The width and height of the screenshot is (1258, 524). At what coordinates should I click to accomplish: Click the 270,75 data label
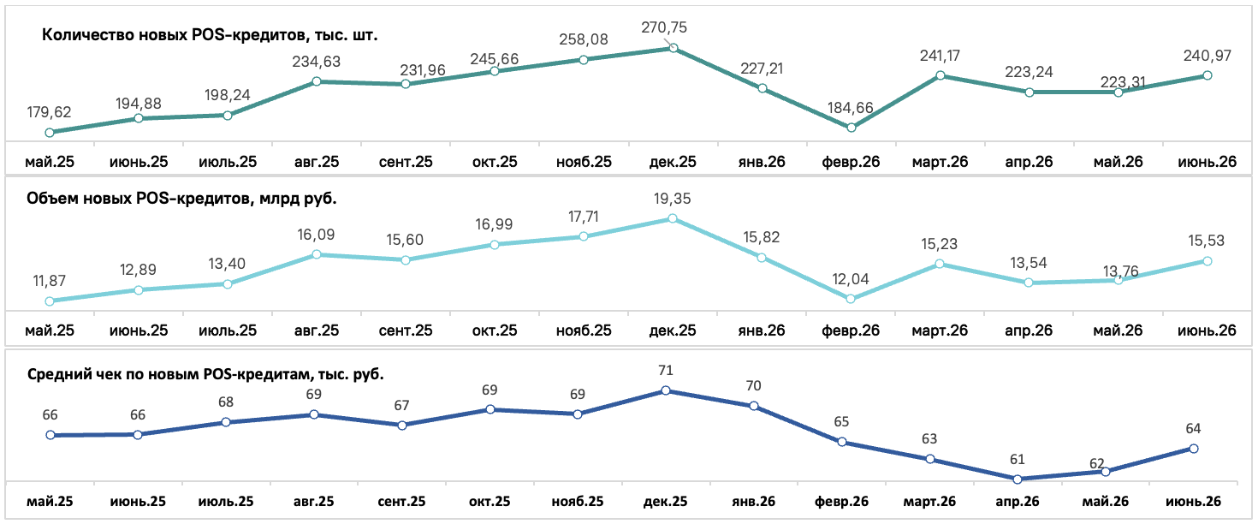pyautogui.click(x=664, y=27)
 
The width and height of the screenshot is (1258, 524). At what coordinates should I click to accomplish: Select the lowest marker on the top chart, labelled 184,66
pyautogui.click(x=851, y=128)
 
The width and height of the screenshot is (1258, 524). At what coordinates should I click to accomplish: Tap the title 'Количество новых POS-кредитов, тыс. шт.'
pyautogui.click(x=210, y=35)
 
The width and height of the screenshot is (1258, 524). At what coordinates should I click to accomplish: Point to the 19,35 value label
pyautogui.click(x=673, y=199)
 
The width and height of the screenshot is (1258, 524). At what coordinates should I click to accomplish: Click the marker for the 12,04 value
pyautogui.click(x=851, y=299)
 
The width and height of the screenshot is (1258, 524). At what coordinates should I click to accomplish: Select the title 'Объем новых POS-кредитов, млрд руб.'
pyautogui.click(x=181, y=199)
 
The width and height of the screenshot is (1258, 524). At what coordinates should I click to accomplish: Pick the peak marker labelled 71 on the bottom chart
pyautogui.click(x=666, y=390)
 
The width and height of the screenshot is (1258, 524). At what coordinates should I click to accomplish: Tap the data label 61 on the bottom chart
pyautogui.click(x=1017, y=460)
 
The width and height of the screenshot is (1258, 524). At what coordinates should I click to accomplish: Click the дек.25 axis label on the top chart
pyautogui.click(x=673, y=163)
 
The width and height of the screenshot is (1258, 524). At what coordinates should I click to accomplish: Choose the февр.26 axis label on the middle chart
pyautogui.click(x=851, y=330)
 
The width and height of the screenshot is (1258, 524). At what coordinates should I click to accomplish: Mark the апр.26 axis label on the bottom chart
pyautogui.click(x=1017, y=502)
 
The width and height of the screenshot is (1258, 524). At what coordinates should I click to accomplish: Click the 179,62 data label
pyautogui.click(x=50, y=112)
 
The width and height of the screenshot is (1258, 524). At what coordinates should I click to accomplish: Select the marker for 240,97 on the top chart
pyautogui.click(x=1207, y=75)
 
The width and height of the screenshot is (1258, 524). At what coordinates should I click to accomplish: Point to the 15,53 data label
pyautogui.click(x=1207, y=241)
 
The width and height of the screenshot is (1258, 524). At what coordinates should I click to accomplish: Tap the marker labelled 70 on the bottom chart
pyautogui.click(x=754, y=406)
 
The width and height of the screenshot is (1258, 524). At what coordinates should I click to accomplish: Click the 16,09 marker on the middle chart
pyautogui.click(x=316, y=254)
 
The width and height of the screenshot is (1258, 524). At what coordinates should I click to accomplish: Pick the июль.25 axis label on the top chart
pyautogui.click(x=228, y=163)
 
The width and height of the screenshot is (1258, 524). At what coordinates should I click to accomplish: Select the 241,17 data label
pyautogui.click(x=940, y=56)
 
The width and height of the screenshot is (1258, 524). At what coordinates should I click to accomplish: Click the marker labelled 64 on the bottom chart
pyautogui.click(x=1194, y=449)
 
